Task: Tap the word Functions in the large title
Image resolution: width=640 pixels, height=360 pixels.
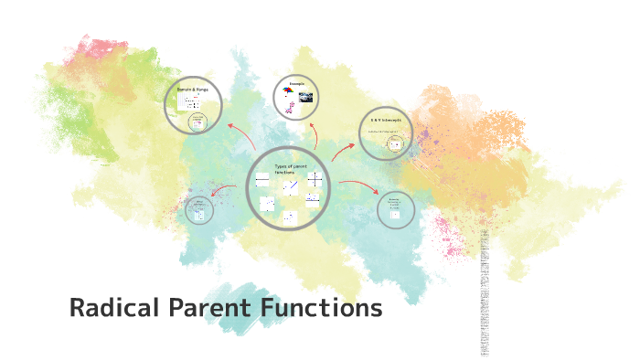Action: pyautogui.click(x=321, y=309)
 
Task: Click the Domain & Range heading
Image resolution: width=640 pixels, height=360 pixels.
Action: pyautogui.click(x=192, y=90)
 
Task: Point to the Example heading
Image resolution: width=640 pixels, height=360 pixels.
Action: pyautogui.click(x=296, y=83)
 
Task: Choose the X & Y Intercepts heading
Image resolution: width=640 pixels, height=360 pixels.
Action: pyautogui.click(x=386, y=120)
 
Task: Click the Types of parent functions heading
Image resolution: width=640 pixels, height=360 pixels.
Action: pyautogui.click(x=290, y=168)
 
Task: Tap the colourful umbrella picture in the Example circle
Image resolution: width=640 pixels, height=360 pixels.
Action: pyautogui.click(x=288, y=91)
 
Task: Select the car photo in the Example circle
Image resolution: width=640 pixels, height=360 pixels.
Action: pyautogui.click(x=305, y=96)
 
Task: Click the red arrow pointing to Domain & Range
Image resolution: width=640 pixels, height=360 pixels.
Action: pyautogui.click(x=240, y=133)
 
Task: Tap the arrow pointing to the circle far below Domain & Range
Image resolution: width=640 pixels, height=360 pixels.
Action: pyautogui.click(x=223, y=190)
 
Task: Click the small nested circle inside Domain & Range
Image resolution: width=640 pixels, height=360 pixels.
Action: pyautogui.click(x=197, y=122)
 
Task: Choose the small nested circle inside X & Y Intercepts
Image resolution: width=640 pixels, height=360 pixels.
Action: pyautogui.click(x=395, y=143)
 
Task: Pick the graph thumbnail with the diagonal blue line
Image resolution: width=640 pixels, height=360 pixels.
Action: pyautogui.click(x=290, y=187)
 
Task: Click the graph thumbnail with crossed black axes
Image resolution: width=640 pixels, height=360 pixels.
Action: pyautogui.click(x=315, y=179)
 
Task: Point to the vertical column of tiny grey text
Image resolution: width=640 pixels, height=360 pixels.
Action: pyautogui.click(x=485, y=292)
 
